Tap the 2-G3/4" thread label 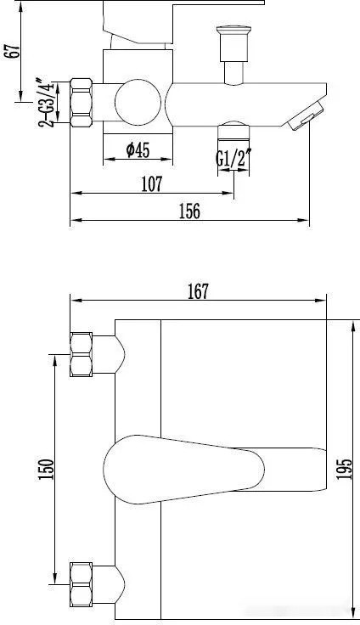42,101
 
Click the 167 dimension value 197,290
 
